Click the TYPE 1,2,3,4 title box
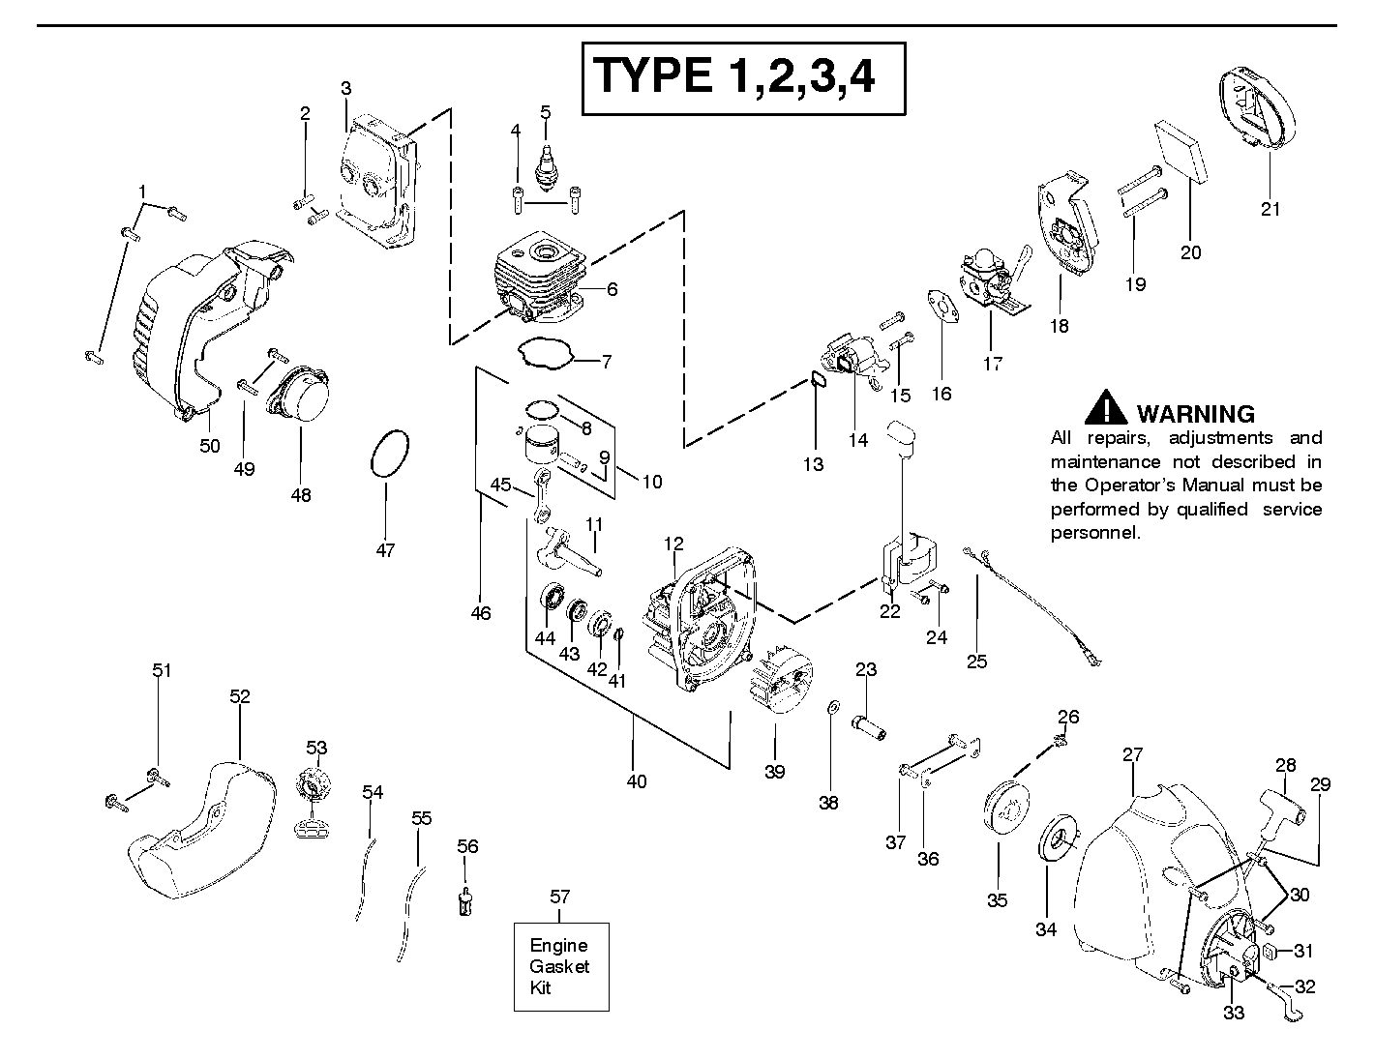742,77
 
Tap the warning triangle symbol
1105,408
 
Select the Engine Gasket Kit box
560,966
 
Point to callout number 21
1270,209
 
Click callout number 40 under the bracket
636,781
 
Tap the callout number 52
240,696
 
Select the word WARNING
1196,414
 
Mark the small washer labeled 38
832,711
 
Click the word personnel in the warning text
1095,533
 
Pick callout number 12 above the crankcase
673,545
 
